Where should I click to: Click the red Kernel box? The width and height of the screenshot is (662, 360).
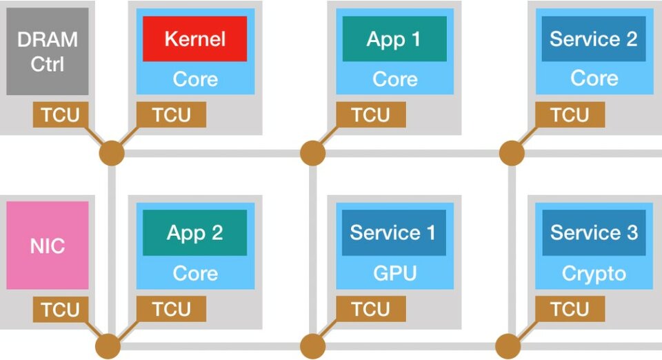point(194,39)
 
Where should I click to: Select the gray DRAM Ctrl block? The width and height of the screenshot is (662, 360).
point(48,52)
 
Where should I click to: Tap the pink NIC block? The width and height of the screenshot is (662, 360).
point(48,246)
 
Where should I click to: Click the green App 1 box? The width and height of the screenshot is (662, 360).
point(394,39)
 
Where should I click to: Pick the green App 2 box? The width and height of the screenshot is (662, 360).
point(194,232)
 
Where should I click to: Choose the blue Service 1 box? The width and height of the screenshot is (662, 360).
point(393,232)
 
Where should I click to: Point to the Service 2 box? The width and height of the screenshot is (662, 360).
point(593,39)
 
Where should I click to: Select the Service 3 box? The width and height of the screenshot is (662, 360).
point(593,232)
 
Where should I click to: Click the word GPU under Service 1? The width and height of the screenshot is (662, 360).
point(394,273)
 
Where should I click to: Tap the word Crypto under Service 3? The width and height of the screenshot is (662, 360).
point(594,273)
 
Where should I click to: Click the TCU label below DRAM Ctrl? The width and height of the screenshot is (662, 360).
point(61,114)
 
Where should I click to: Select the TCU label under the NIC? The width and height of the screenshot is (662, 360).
point(61,310)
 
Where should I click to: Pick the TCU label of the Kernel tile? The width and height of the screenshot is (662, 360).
point(171,114)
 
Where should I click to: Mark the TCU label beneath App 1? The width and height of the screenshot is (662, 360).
point(371,114)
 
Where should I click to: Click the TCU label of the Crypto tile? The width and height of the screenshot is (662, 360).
point(570,310)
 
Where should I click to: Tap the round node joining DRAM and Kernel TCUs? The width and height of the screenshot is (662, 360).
point(111,153)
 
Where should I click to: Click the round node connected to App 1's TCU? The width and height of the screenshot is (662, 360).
point(312,153)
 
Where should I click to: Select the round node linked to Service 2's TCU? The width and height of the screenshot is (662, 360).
point(512,153)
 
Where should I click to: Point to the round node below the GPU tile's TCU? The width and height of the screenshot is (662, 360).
point(312,346)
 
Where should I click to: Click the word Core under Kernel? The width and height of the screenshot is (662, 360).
point(194,79)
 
